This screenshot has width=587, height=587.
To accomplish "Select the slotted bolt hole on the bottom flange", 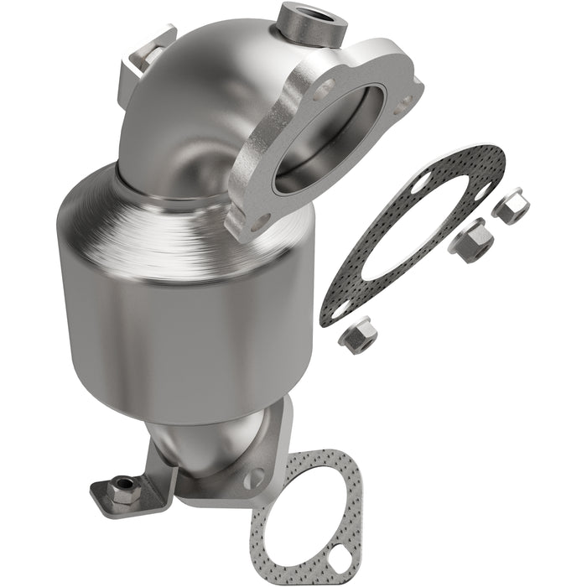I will click(x=252, y=478).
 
